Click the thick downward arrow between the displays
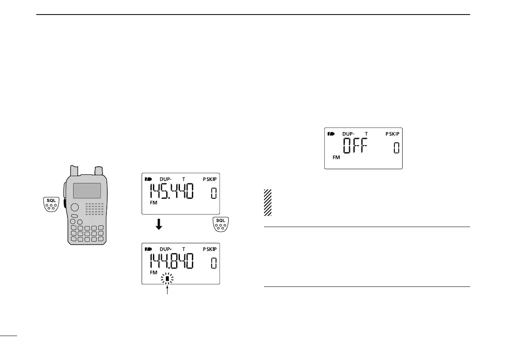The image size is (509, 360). click(159, 225)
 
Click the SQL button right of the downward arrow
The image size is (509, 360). click(220, 224)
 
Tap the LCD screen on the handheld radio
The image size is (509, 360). click(87, 190)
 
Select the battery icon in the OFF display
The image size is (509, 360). click(331, 133)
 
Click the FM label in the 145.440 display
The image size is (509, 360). click(153, 203)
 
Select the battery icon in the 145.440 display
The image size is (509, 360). click(148, 179)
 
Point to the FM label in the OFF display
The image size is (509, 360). click(336, 157)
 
